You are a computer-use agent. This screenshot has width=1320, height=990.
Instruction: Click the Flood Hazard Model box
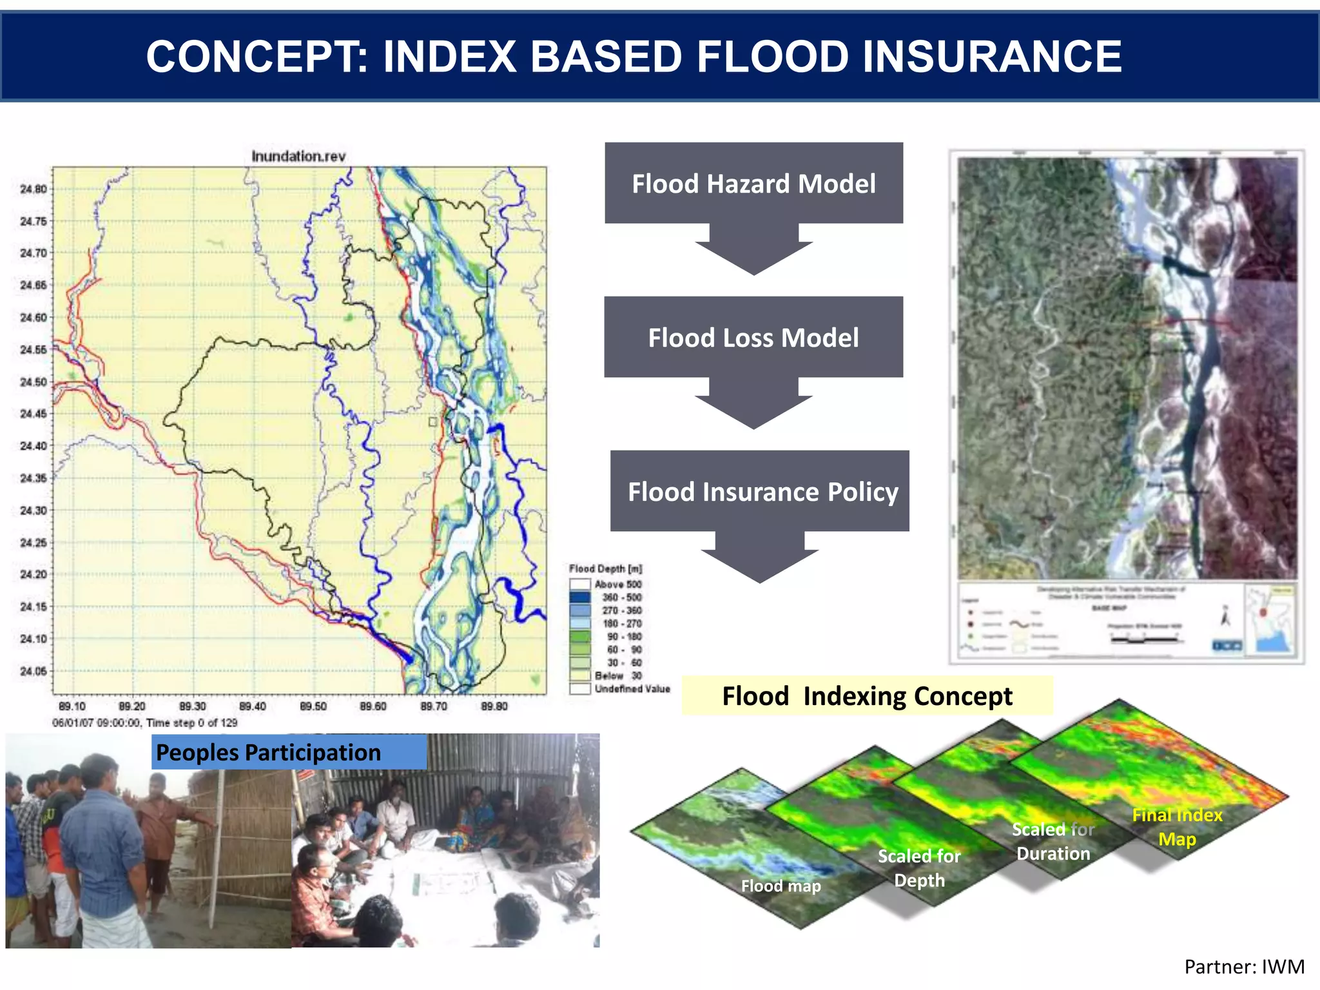point(753,184)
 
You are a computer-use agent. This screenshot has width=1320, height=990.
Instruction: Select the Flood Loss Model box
point(753,337)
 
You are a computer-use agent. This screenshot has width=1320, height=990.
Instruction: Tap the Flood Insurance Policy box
point(760,491)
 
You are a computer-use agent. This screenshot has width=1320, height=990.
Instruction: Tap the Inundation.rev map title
point(298,156)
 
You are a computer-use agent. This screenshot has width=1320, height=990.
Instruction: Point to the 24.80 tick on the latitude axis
point(34,189)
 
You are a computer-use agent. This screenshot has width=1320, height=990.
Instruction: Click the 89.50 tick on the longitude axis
point(313,706)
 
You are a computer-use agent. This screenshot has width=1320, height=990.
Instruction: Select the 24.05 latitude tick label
point(34,671)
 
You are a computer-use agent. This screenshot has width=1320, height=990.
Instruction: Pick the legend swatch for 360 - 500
point(580,597)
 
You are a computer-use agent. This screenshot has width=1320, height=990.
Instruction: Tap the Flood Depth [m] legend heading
point(605,568)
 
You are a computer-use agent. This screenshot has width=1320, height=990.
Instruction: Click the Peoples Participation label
point(269,752)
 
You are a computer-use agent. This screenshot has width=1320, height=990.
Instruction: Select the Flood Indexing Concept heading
point(867,696)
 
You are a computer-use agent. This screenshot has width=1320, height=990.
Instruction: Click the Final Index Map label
point(1177,827)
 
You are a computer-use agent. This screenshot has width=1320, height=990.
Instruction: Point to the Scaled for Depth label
point(919,868)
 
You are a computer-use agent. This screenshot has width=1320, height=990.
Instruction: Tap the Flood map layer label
point(781,886)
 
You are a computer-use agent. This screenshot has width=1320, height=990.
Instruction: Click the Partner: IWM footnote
point(1244,966)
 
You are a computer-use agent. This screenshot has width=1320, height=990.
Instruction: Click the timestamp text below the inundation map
point(145,723)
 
